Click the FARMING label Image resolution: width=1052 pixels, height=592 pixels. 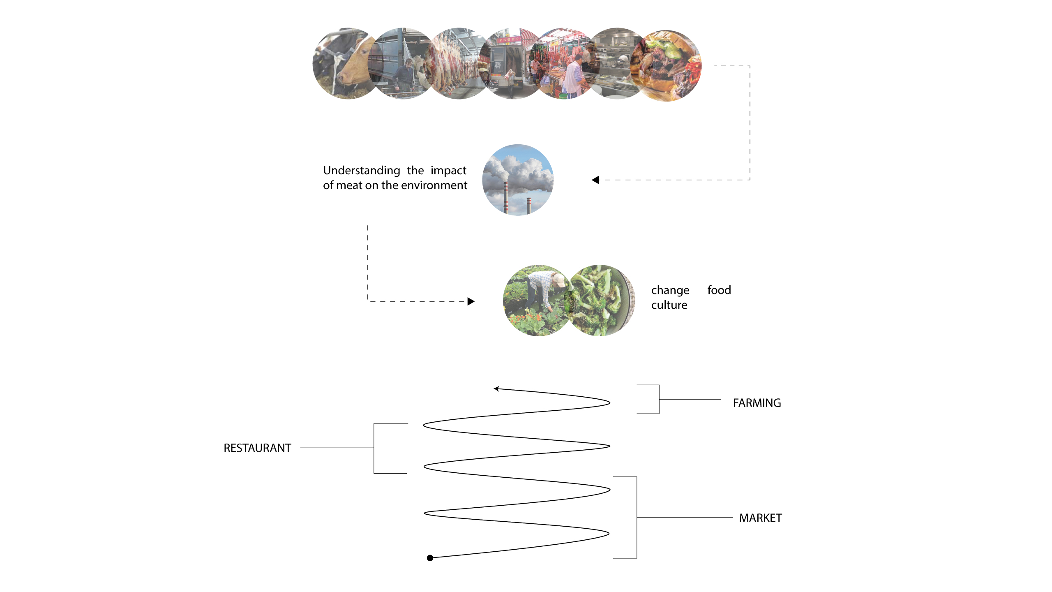[x=757, y=403]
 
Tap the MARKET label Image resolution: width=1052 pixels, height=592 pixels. [x=760, y=518]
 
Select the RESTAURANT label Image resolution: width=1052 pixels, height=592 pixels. [x=257, y=448]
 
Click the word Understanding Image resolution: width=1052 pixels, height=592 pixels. [x=361, y=171]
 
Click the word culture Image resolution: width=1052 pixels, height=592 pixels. [x=669, y=305]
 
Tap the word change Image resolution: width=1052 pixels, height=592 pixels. [x=670, y=290]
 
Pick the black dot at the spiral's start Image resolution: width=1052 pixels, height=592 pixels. [x=430, y=558]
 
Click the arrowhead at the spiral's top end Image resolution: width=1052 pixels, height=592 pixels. [x=496, y=388]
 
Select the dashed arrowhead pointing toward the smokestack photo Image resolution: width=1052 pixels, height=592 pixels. [x=595, y=180]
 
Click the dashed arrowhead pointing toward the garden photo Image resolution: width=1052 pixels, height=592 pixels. [x=471, y=301]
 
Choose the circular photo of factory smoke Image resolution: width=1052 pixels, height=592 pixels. [x=518, y=180]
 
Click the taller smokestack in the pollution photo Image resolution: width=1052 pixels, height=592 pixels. [x=506, y=197]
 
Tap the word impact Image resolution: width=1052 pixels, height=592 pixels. [x=448, y=171]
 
